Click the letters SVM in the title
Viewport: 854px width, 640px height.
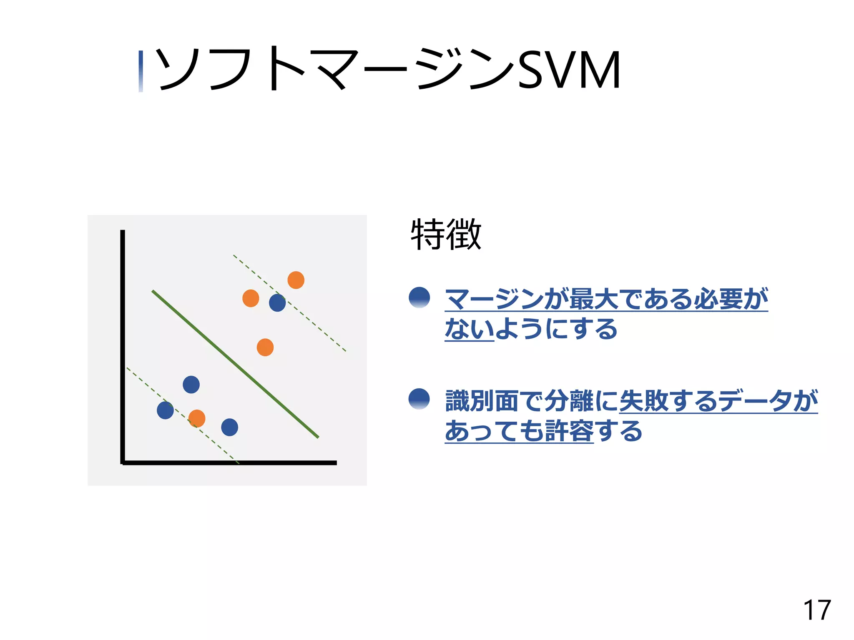pyautogui.click(x=569, y=70)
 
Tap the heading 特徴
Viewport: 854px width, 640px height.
pyautogui.click(x=446, y=234)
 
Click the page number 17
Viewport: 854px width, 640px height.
pyautogui.click(x=817, y=610)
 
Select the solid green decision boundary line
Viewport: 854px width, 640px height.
pyautogui.click(x=235, y=364)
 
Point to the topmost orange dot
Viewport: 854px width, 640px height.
pyautogui.click(x=296, y=280)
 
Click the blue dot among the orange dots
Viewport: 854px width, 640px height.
pyautogui.click(x=277, y=303)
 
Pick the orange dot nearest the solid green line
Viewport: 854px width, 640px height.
pyautogui.click(x=265, y=347)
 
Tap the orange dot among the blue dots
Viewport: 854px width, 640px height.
pyautogui.click(x=197, y=418)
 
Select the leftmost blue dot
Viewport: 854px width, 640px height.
pyautogui.click(x=165, y=410)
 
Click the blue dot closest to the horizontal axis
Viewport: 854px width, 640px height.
pyautogui.click(x=229, y=427)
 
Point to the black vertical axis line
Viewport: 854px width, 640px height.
pyautogui.click(x=123, y=346)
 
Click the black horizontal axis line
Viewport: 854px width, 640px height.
pyautogui.click(x=229, y=462)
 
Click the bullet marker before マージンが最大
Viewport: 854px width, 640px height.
pyautogui.click(x=419, y=297)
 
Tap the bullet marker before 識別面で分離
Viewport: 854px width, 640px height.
pyautogui.click(x=419, y=399)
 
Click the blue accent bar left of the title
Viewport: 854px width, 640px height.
pyautogui.click(x=141, y=71)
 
